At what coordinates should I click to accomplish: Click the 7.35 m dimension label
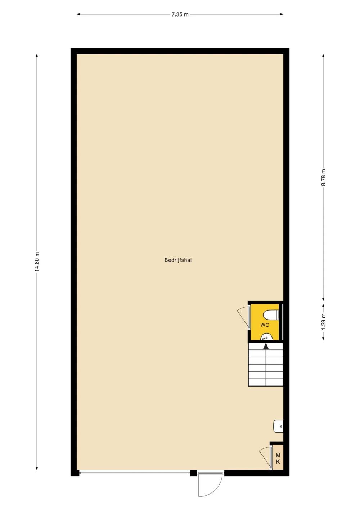click(180, 14)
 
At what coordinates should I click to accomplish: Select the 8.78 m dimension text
click(323, 177)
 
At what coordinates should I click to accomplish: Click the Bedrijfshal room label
click(178, 260)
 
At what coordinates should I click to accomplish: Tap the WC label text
click(265, 325)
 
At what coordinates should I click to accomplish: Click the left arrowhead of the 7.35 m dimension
click(78, 14)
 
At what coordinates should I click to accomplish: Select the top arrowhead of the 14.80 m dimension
click(37, 55)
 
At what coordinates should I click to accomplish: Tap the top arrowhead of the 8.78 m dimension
click(323, 55)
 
